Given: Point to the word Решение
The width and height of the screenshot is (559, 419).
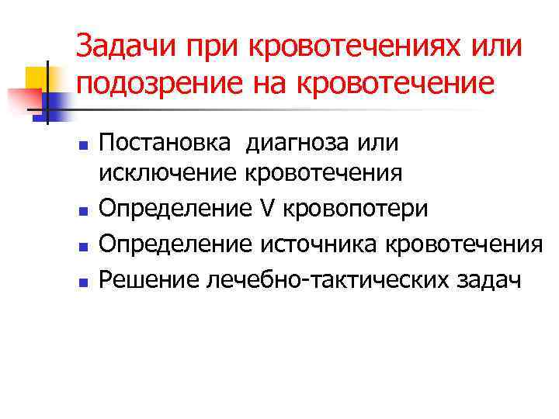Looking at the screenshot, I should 149,279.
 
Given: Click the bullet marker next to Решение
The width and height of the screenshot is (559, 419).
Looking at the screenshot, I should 84,280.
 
